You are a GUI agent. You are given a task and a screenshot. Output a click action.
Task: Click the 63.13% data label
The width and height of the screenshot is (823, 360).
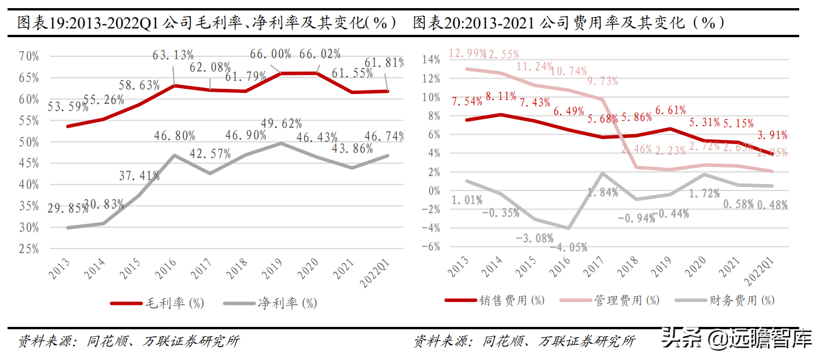click(173, 56)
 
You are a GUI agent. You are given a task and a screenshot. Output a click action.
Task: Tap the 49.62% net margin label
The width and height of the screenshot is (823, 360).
click(281, 124)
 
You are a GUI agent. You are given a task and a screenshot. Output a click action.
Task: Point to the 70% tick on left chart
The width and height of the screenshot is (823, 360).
click(28, 56)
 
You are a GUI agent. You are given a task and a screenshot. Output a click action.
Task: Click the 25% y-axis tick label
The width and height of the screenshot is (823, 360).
click(28, 249)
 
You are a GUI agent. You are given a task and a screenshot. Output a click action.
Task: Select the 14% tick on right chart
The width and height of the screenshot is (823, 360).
click(431, 59)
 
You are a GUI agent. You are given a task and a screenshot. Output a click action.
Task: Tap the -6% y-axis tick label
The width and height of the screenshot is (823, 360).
click(431, 247)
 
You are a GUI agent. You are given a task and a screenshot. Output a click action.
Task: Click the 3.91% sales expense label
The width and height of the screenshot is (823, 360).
click(771, 135)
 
